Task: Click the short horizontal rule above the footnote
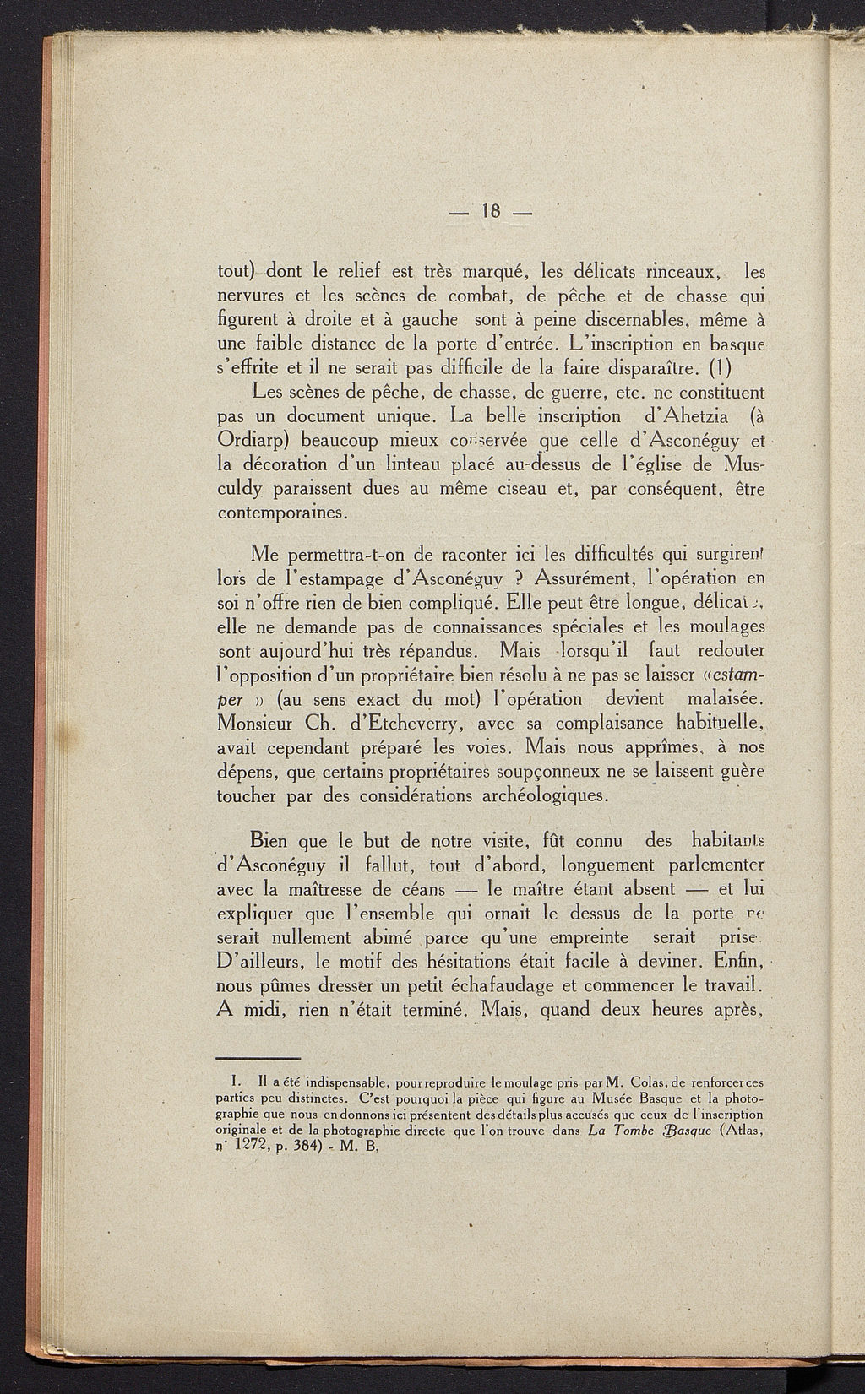(259, 1059)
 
